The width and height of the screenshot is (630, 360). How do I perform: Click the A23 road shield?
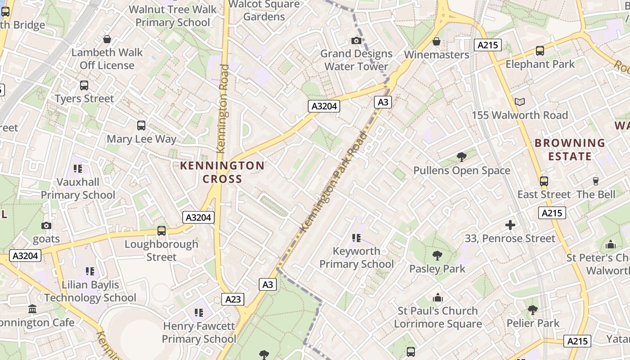pyautogui.click(x=233, y=299)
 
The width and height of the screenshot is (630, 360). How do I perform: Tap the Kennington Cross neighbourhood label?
pyautogui.click(x=222, y=172)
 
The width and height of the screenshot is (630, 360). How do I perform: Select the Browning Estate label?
pyautogui.click(x=570, y=150)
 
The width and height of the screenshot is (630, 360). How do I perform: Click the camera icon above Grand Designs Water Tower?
pyautogui.click(x=356, y=41)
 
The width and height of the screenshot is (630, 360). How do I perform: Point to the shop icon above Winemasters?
pyautogui.click(x=436, y=42)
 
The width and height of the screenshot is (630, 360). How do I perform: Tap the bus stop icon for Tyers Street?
pyautogui.click(x=84, y=85)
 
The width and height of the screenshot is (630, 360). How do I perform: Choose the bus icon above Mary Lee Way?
pyautogui.click(x=141, y=126)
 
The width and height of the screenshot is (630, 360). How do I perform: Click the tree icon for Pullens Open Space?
pyautogui.click(x=461, y=157)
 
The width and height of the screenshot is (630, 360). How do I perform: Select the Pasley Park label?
pyautogui.click(x=437, y=269)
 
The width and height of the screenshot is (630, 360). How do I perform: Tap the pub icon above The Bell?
pyautogui.click(x=596, y=181)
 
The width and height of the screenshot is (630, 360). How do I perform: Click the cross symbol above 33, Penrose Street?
pyautogui.click(x=510, y=225)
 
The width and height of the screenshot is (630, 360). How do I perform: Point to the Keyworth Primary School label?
pyautogui.click(x=356, y=257)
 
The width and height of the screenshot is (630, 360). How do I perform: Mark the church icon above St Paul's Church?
pyautogui.click(x=437, y=298)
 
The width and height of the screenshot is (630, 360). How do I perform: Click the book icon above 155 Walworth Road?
pyautogui.click(x=520, y=102)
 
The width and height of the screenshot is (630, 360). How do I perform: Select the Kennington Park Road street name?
pyautogui.click(x=333, y=182)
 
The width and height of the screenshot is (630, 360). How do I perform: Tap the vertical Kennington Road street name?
pyautogui.click(x=223, y=108)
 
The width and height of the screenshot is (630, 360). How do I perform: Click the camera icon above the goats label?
pyautogui.click(x=46, y=225)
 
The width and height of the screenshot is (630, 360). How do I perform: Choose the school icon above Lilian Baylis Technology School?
pyautogui.click(x=90, y=271)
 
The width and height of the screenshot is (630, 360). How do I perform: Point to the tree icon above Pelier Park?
pyautogui.click(x=532, y=310)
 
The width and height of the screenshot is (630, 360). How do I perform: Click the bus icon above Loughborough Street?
pyautogui.click(x=161, y=231)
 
